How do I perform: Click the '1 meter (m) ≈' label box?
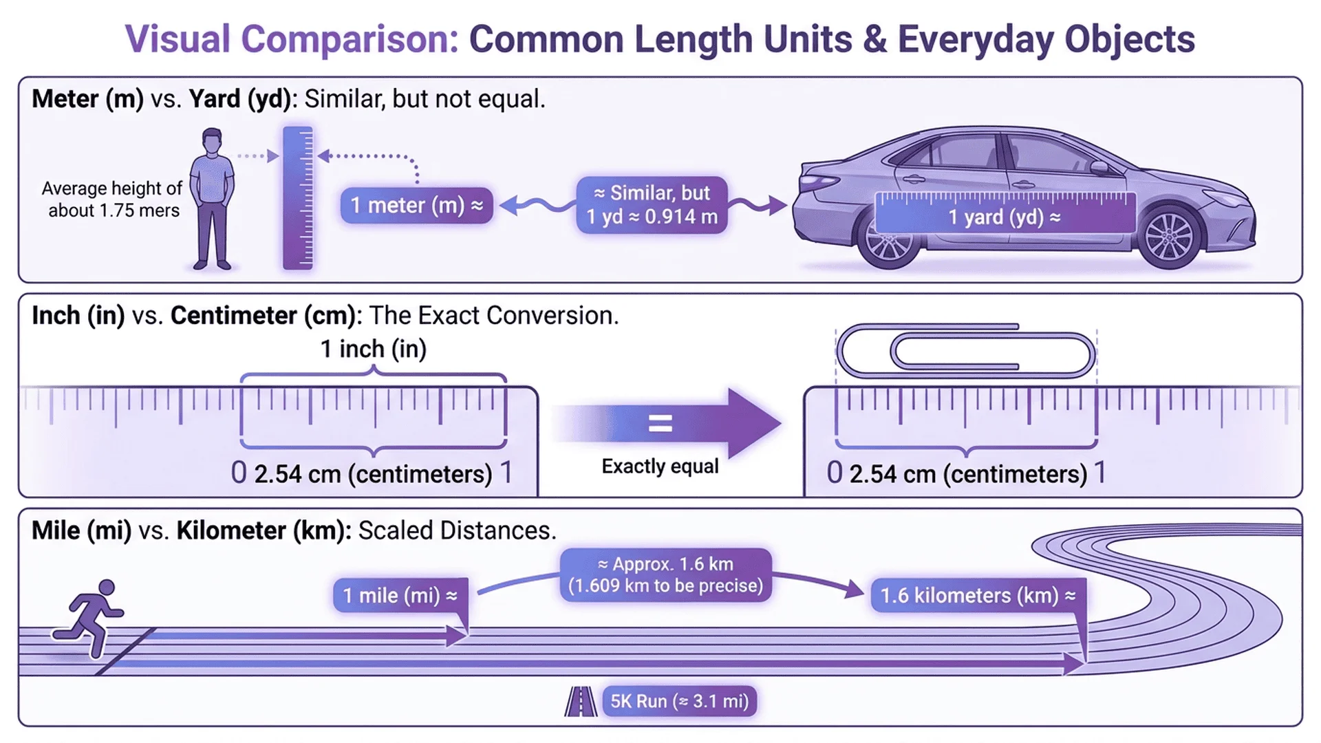(x=416, y=205)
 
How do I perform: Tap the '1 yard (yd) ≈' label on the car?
(x=1005, y=217)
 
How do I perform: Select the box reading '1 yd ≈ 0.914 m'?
(x=652, y=205)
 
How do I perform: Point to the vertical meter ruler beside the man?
(x=298, y=197)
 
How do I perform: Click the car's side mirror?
(x=1099, y=166)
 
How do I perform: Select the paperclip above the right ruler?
(x=966, y=352)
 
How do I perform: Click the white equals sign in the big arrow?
(x=660, y=423)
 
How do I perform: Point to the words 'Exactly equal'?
(x=660, y=466)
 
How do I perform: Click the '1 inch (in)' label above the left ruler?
(x=374, y=349)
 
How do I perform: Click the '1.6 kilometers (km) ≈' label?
(x=978, y=595)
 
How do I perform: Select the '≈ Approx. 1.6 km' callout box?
(x=665, y=574)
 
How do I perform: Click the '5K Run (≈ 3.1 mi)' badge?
(x=679, y=701)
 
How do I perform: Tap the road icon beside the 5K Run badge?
(x=581, y=702)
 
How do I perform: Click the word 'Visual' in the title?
(x=177, y=39)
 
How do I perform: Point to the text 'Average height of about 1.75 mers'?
(x=113, y=200)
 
